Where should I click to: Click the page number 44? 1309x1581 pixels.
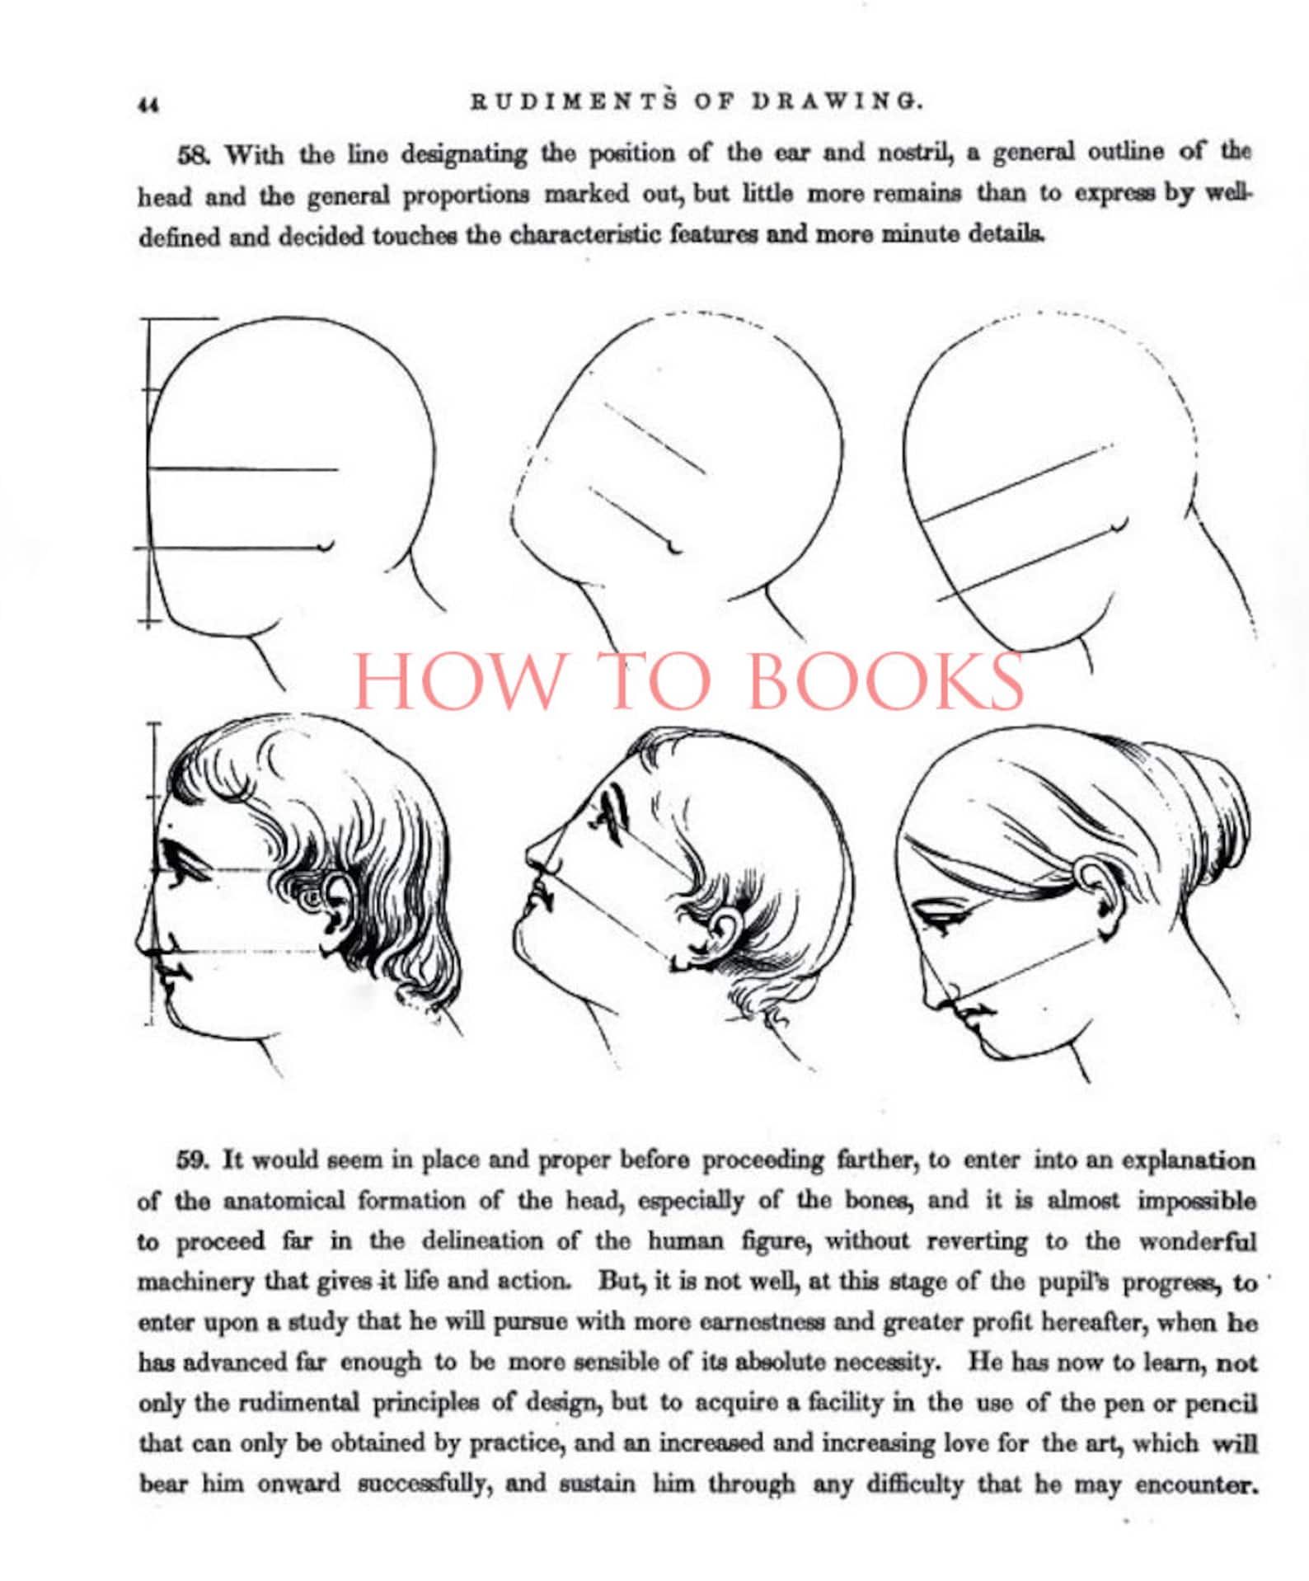(x=148, y=105)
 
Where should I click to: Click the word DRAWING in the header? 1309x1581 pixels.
(x=837, y=101)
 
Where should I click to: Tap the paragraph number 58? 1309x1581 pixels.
(x=195, y=154)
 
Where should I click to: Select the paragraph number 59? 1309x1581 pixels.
(x=193, y=1160)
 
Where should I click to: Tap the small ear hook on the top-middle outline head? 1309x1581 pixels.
(x=674, y=546)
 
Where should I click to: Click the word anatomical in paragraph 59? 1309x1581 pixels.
(x=283, y=1202)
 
